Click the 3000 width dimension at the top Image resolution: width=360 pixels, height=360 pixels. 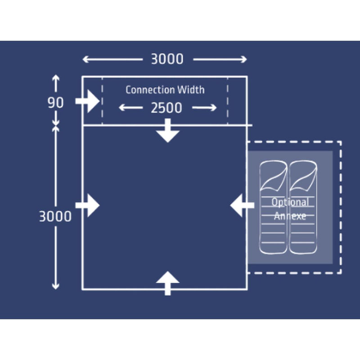(x=167, y=59)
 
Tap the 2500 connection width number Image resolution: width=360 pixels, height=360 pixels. (x=166, y=108)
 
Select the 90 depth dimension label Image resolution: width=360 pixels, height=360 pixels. (x=55, y=103)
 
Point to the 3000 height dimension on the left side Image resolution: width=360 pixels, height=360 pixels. (x=55, y=216)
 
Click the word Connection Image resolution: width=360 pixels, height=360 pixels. (x=150, y=90)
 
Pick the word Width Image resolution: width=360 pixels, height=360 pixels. (x=191, y=89)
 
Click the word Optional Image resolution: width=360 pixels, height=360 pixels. (x=290, y=202)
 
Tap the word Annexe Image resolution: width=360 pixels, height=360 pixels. (x=290, y=216)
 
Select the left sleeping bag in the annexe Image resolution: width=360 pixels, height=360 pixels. (x=273, y=207)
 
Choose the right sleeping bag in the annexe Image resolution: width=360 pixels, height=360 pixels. (x=303, y=207)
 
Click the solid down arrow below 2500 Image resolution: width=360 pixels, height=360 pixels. (x=168, y=130)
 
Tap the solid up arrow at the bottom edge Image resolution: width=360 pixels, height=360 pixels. (x=168, y=283)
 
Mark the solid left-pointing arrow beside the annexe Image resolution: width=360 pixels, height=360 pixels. (x=242, y=205)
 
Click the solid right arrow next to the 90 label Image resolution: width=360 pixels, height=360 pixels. (x=87, y=101)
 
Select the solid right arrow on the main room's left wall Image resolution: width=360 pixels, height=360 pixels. (x=87, y=205)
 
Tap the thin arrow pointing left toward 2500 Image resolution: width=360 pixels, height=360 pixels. (x=130, y=108)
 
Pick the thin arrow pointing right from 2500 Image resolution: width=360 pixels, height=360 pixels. (x=204, y=108)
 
